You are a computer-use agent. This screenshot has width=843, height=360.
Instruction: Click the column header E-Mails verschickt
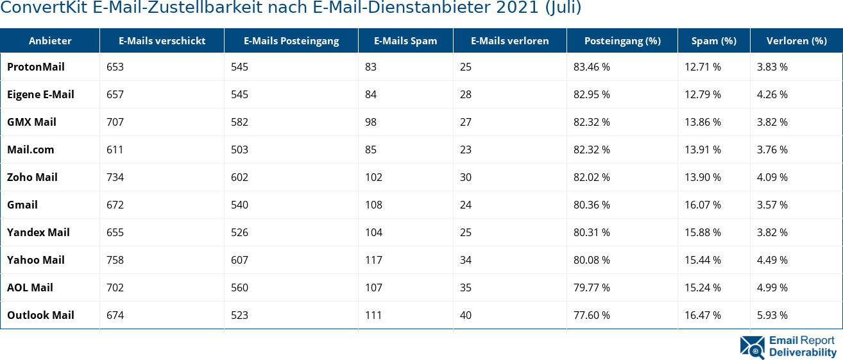162,41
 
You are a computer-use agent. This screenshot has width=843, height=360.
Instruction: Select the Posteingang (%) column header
622,41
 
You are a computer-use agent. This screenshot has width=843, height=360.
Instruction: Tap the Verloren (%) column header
796,41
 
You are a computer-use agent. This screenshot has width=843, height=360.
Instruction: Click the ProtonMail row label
36,67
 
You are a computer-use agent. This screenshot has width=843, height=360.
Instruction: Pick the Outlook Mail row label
40,315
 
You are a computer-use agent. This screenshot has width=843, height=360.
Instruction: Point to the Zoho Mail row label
32,177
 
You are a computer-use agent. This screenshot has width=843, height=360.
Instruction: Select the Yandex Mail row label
38,232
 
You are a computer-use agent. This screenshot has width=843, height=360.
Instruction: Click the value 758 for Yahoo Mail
115,260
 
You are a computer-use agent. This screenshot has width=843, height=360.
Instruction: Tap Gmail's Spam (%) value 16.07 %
702,205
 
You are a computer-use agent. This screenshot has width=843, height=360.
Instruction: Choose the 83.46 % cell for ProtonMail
592,67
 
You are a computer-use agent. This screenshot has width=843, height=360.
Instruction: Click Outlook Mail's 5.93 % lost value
772,315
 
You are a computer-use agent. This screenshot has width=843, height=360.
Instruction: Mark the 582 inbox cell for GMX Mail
239,122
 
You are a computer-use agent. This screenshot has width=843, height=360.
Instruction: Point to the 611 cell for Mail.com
115,150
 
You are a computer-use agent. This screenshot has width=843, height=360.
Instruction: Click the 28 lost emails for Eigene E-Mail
465,94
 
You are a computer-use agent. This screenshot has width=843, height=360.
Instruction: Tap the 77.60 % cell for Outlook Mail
592,315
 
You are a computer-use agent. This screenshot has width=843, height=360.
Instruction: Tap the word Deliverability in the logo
803,352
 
